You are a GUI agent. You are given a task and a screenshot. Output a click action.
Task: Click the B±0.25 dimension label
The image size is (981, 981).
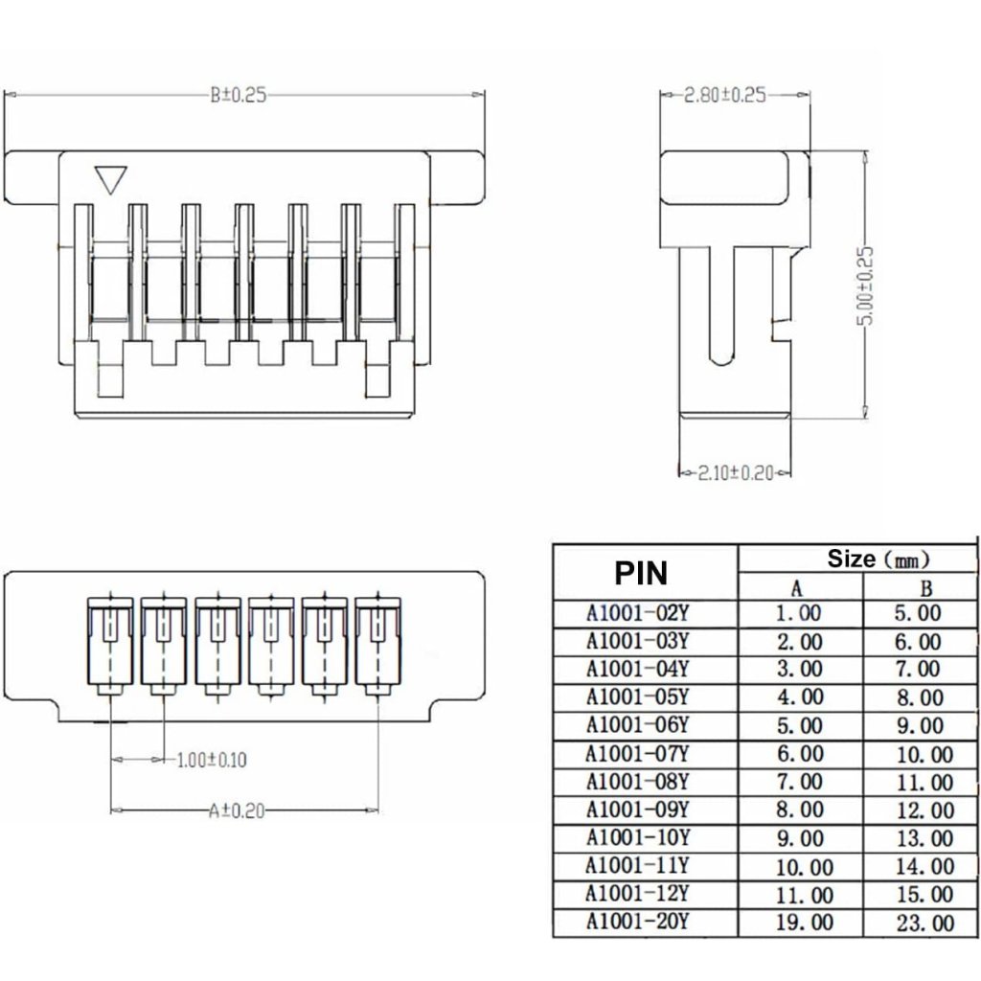(x=238, y=95)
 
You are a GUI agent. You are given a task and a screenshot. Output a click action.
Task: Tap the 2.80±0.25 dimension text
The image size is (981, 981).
(x=724, y=95)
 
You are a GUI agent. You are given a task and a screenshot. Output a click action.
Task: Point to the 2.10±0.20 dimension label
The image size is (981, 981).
(x=736, y=472)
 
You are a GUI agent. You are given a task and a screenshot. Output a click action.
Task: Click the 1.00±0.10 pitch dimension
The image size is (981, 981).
(x=212, y=760)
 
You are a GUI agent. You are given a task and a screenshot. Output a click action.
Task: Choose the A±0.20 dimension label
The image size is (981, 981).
(x=238, y=810)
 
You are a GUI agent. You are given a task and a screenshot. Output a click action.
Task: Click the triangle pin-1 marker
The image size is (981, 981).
(x=111, y=180)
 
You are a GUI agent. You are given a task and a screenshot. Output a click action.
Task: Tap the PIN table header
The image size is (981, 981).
(x=641, y=573)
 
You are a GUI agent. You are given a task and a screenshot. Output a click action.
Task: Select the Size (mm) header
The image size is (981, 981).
(x=878, y=559)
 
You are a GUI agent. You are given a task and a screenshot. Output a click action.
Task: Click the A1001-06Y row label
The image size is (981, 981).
(x=637, y=725)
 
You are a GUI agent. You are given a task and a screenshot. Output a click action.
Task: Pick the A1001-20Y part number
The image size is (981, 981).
(x=637, y=922)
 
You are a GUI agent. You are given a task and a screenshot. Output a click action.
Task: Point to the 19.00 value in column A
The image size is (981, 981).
(x=805, y=923)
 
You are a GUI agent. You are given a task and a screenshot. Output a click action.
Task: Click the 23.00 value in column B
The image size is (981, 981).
(x=925, y=923)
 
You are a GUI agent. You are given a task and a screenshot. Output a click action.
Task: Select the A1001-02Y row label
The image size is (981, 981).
(x=637, y=612)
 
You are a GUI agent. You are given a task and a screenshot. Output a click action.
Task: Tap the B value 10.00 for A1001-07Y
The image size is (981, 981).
(x=925, y=755)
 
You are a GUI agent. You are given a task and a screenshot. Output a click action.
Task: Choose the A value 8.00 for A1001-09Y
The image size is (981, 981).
(x=800, y=810)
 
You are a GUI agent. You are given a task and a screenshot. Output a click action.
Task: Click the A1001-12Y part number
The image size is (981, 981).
(x=637, y=894)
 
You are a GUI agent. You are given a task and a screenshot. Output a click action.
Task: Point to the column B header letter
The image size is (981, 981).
(x=926, y=588)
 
